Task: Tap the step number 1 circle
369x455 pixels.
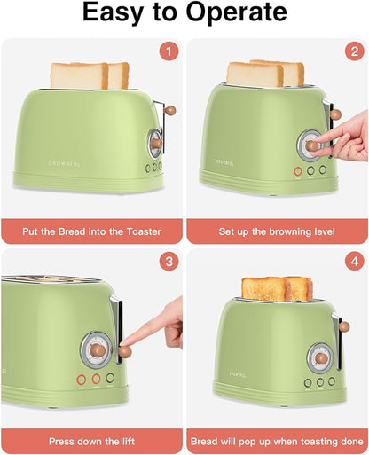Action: tap(168, 52)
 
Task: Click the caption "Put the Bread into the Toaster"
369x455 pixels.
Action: tap(91, 231)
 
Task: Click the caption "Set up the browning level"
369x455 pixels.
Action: tap(277, 231)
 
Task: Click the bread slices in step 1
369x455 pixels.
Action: tap(89, 75)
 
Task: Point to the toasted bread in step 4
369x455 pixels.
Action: tap(277, 288)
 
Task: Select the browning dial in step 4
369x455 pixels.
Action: tap(320, 357)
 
